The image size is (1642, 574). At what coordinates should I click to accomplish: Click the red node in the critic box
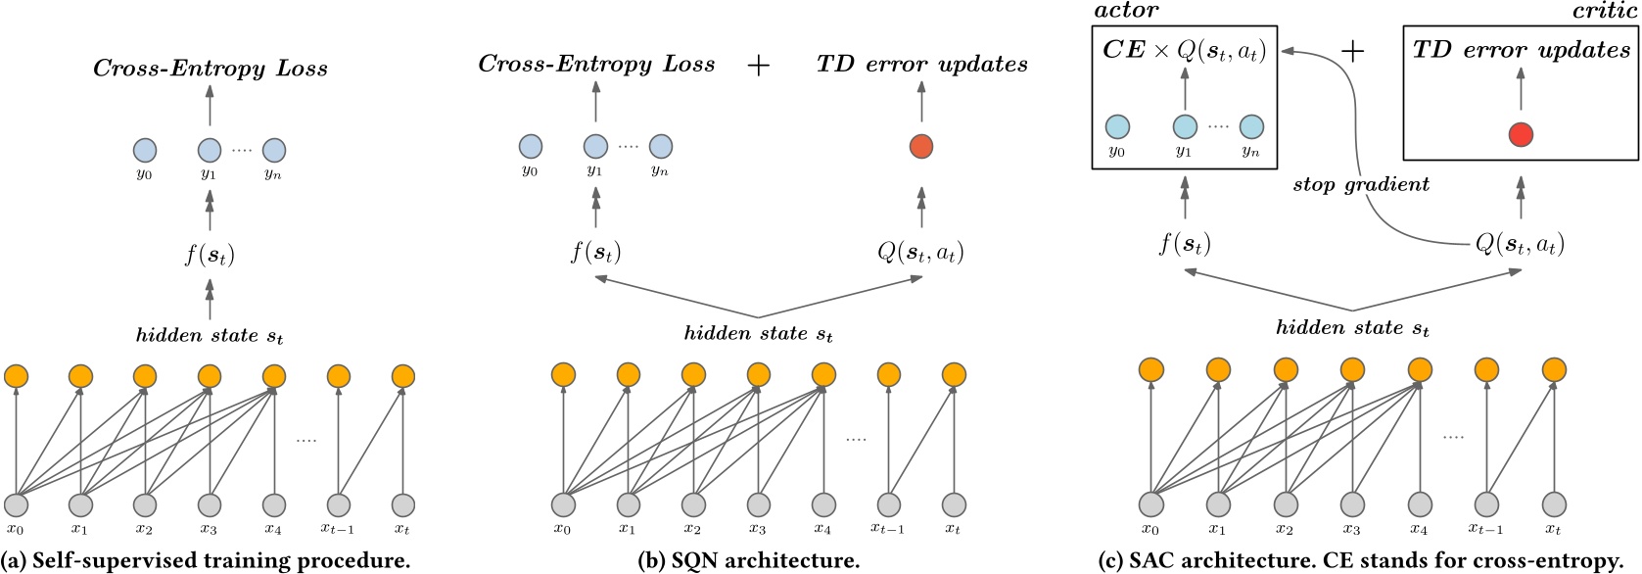click(1520, 135)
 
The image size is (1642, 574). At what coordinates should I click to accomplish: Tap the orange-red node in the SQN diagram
click(920, 147)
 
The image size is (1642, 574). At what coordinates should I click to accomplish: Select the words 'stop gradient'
click(1360, 184)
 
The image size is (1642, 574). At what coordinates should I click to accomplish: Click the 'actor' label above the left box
click(1126, 11)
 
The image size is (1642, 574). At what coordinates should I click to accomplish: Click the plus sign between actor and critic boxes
click(1352, 51)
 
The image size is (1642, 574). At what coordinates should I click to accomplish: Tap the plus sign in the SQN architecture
click(758, 65)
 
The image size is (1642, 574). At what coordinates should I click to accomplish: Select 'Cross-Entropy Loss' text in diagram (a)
click(210, 69)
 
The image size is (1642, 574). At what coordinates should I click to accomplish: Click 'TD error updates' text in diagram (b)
click(921, 65)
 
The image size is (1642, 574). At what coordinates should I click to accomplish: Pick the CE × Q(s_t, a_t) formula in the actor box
click(1184, 51)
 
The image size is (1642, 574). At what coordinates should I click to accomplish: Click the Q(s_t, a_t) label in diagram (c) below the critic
click(1520, 243)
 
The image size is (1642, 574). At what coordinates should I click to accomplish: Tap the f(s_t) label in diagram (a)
click(210, 256)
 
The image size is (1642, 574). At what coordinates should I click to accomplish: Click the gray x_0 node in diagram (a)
click(16, 505)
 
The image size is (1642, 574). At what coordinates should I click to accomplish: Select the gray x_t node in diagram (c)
click(1553, 504)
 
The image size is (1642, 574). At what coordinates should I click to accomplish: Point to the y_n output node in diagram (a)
click(274, 150)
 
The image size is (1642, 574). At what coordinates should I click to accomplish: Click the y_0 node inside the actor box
click(1117, 126)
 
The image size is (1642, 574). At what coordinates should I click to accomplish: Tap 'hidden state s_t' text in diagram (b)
click(758, 334)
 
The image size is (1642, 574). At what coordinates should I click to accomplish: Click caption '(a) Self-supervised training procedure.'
click(205, 560)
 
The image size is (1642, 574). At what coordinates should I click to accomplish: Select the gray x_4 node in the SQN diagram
click(823, 504)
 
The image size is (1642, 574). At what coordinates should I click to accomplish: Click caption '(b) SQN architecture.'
click(748, 560)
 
